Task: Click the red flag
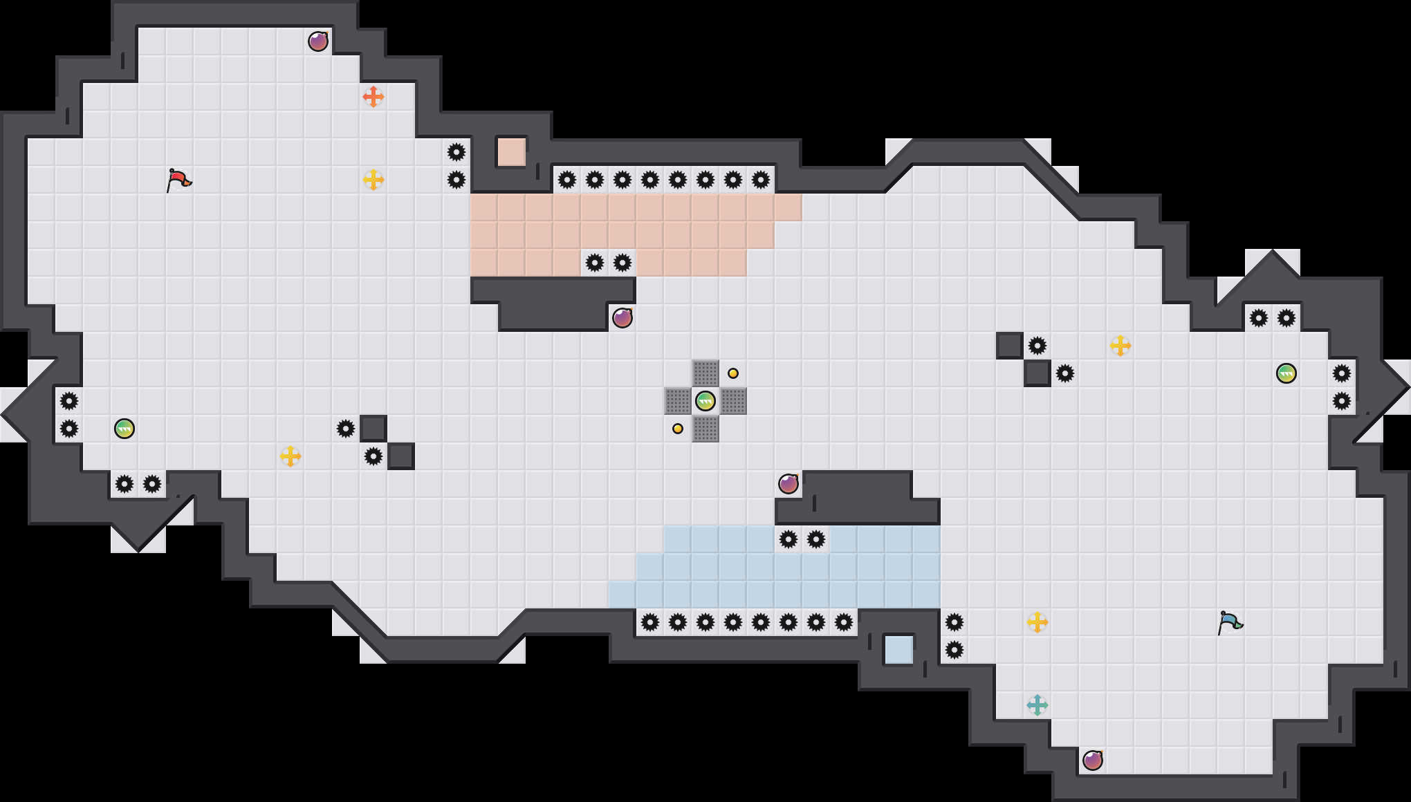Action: (179, 180)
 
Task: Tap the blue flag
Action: (1230, 622)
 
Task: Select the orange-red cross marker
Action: (373, 97)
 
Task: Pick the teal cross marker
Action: (1037, 705)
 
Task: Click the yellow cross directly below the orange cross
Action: (373, 180)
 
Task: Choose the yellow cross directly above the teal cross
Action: (1037, 622)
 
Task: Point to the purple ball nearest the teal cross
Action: (1093, 761)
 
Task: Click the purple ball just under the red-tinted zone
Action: (622, 318)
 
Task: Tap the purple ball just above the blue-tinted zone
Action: (788, 484)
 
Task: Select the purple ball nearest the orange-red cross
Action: (318, 41)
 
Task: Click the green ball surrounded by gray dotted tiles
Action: (705, 401)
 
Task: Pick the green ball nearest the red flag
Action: (124, 429)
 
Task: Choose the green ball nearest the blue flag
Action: (1286, 373)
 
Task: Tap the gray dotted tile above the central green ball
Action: (705, 373)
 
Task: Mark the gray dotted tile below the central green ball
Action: (705, 429)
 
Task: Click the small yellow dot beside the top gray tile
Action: (733, 373)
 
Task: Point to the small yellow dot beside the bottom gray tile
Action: (678, 429)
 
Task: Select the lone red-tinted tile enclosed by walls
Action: (512, 152)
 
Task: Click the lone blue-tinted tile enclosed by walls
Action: (899, 650)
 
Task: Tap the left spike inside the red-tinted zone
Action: (595, 263)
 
